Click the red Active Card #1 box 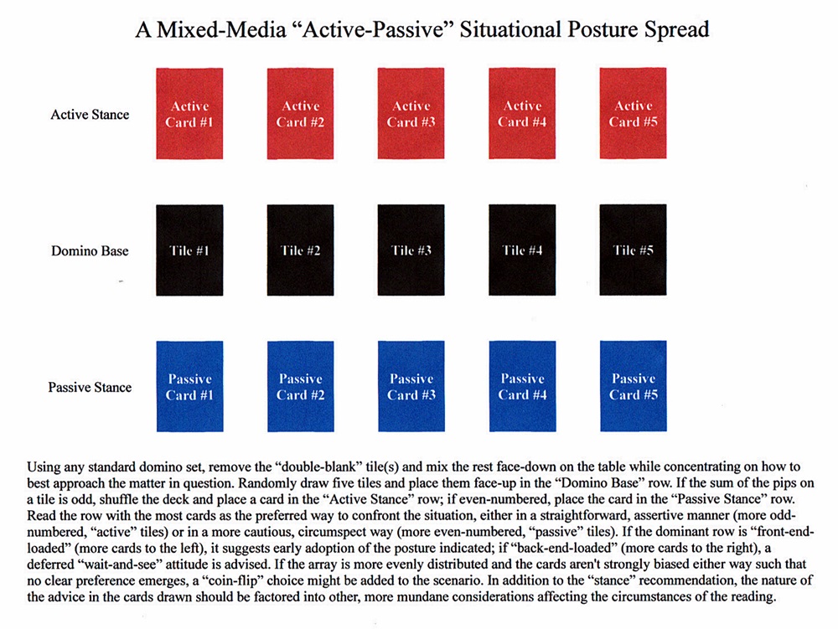(189, 114)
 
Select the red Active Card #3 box (411, 114)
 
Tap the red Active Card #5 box (634, 114)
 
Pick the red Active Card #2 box (300, 114)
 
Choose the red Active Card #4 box (522, 114)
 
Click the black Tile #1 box (189, 250)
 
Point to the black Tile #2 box (300, 250)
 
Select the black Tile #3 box (411, 250)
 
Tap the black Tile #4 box (522, 250)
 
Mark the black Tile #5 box (634, 250)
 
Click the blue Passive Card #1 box (189, 386)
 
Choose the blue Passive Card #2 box (300, 386)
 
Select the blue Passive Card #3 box (411, 386)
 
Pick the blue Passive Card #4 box (522, 386)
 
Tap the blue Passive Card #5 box (634, 386)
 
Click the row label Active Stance (90, 115)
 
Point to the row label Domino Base (89, 250)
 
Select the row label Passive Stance (90, 387)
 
